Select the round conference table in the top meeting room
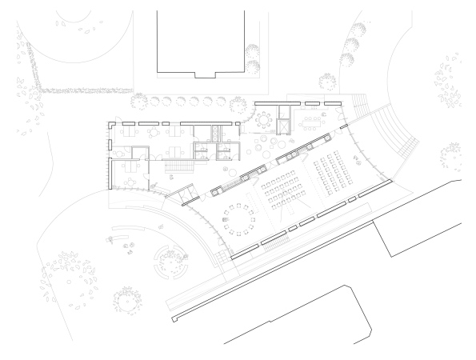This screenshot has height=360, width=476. (x=263, y=119)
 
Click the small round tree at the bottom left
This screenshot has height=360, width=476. (x=126, y=299)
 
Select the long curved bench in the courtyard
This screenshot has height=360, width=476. (x=134, y=235)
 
